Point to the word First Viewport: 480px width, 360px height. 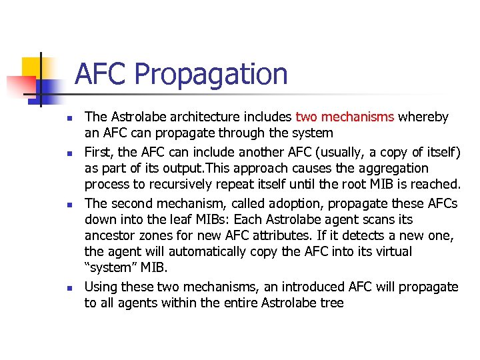98,152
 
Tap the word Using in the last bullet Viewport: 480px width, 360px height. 99,287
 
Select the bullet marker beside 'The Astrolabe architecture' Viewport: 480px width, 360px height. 69,118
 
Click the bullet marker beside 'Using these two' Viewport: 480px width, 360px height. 69,287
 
